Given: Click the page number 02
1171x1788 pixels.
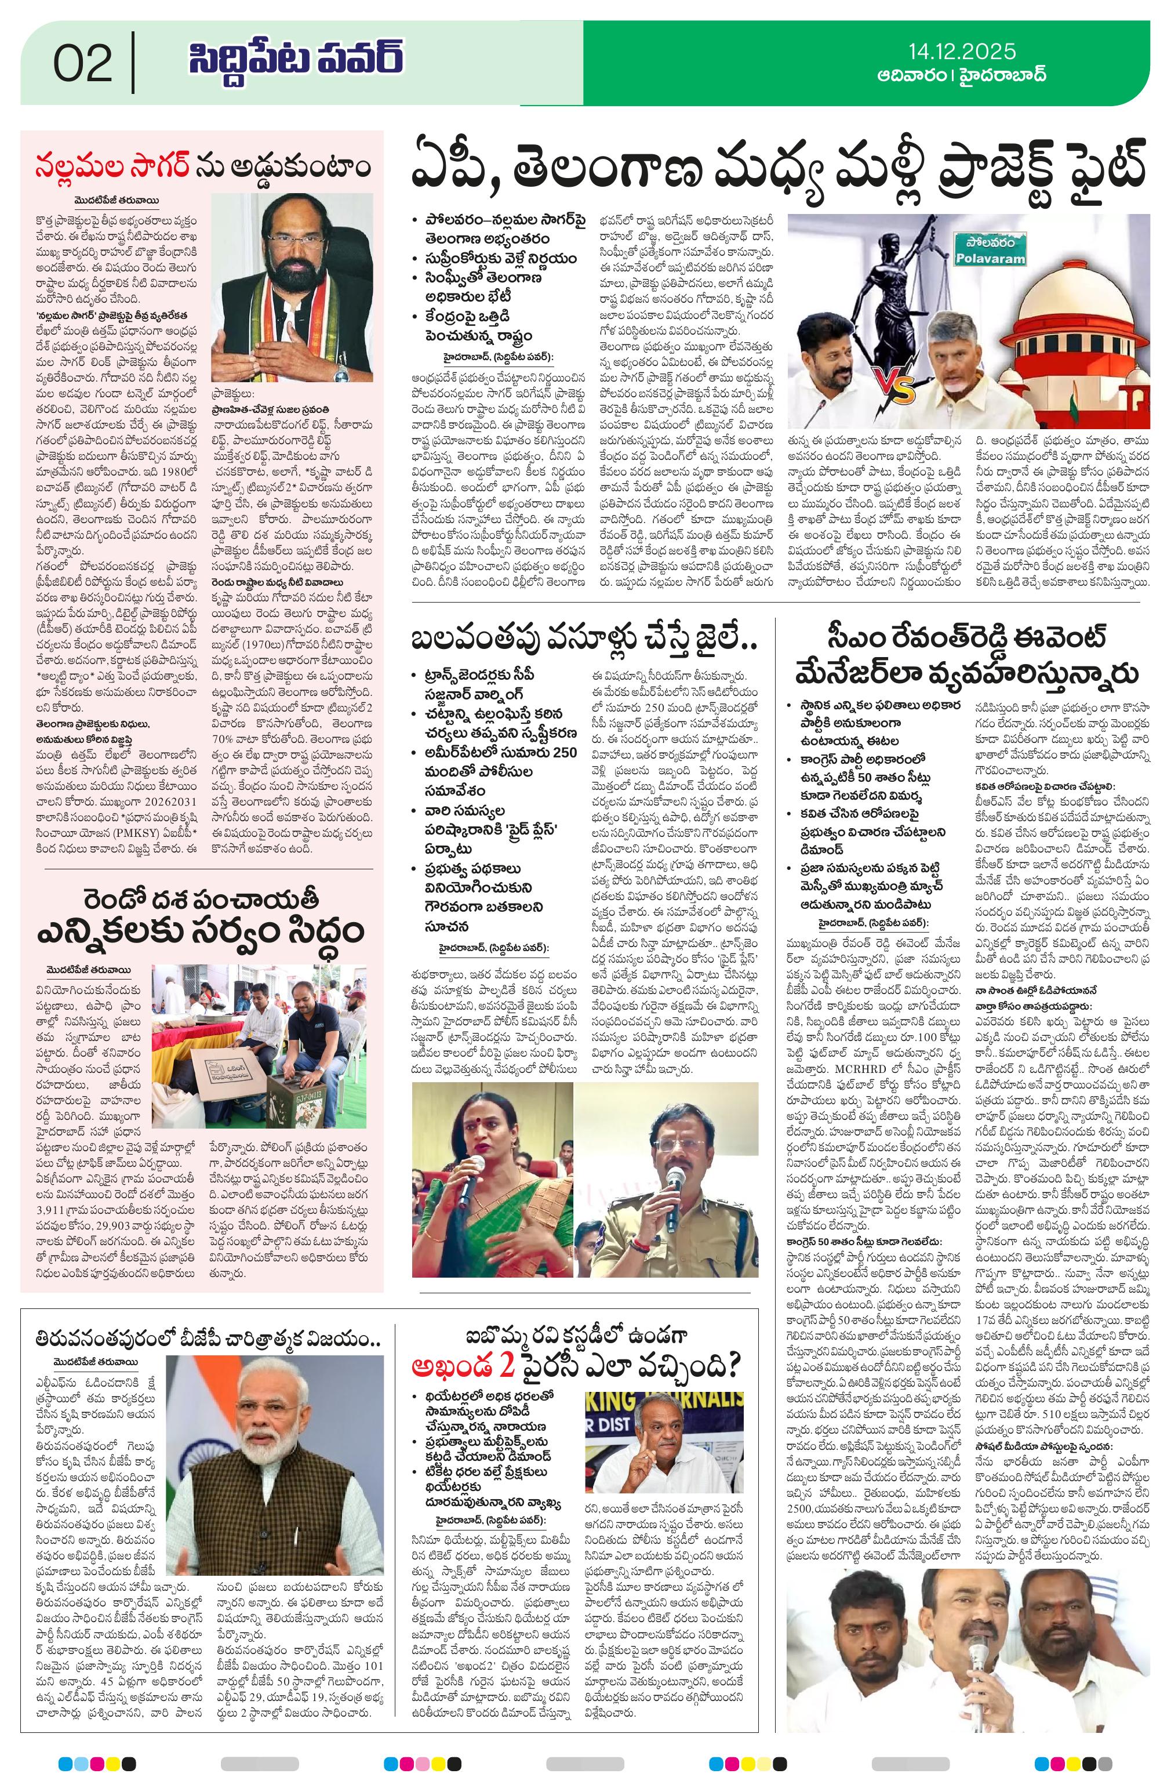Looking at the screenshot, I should pos(83,63).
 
